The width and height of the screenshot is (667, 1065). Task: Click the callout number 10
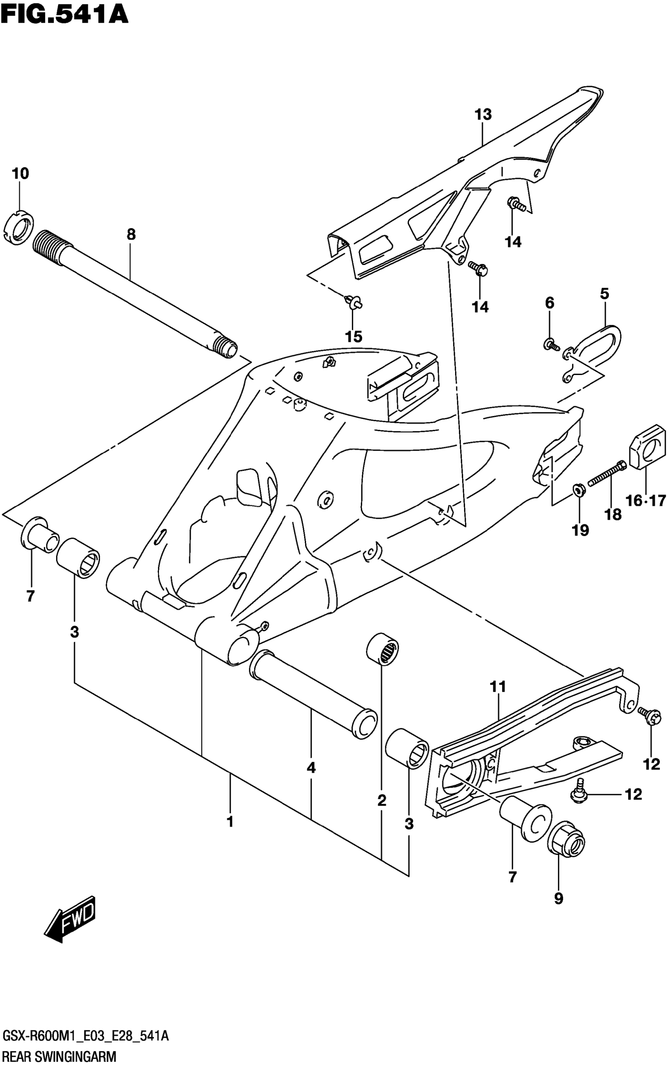20,174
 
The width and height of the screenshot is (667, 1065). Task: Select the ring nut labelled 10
18,228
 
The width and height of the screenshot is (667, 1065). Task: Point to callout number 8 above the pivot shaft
131,234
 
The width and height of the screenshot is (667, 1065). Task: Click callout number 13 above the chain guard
483,115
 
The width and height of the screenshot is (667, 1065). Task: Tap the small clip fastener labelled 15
354,303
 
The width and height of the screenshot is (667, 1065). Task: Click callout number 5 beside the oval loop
604,294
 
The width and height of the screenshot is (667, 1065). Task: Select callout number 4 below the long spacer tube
311,768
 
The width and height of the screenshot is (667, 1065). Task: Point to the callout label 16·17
645,501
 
